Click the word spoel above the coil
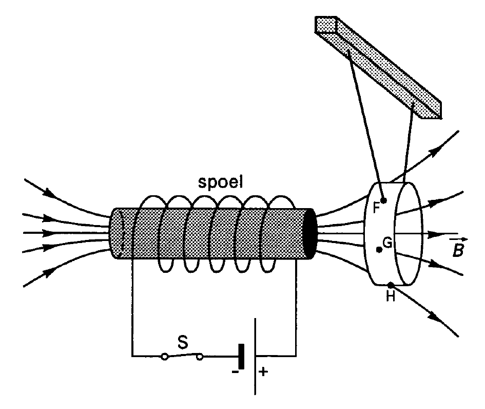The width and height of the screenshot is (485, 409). click(221, 182)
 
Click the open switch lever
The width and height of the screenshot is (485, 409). click(183, 355)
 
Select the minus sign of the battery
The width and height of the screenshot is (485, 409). click(235, 371)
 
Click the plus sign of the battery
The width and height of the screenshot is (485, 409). click(263, 371)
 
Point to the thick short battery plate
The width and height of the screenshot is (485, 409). click(241, 357)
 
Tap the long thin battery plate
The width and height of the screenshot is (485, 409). click(255, 357)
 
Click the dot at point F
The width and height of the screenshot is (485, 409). click(384, 200)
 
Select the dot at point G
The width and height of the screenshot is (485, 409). click(379, 250)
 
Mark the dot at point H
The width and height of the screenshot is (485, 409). click(391, 285)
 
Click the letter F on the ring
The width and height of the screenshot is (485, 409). click(376, 208)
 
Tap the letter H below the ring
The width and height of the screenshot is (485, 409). click(391, 296)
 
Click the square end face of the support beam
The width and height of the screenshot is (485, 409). click(326, 24)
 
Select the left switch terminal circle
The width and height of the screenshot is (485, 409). click(165, 357)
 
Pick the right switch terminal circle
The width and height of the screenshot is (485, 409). click(200, 357)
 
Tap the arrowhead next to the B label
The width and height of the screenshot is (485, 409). click(436, 234)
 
